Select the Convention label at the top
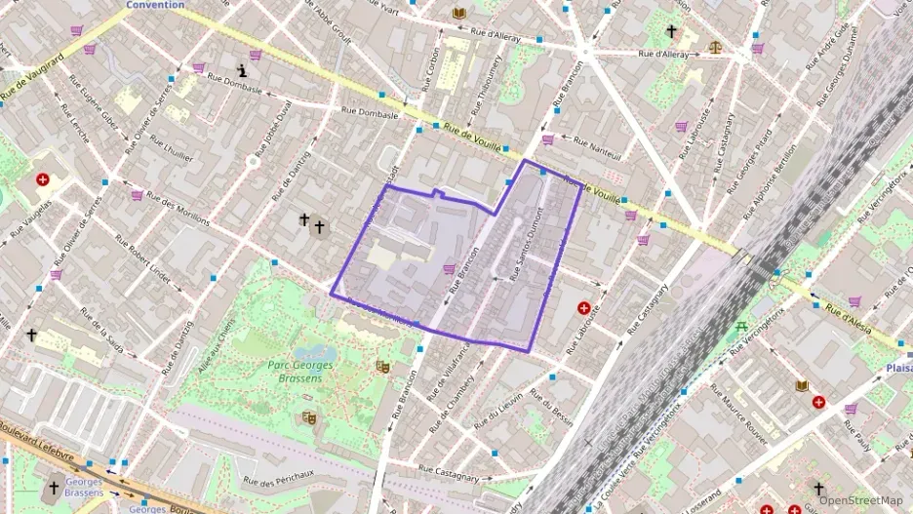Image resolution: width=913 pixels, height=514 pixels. pyautogui.click(x=155, y=5)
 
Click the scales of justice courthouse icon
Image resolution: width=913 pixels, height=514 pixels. pyautogui.click(x=718, y=46)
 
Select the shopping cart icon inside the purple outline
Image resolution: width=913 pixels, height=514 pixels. pyautogui.click(x=449, y=268)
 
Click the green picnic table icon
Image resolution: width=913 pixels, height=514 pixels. pyautogui.click(x=741, y=326)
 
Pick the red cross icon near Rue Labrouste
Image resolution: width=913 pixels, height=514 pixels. pyautogui.click(x=583, y=308)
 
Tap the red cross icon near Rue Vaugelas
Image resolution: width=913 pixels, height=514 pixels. pyautogui.click(x=43, y=180)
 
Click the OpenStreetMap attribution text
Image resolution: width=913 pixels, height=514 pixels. pyautogui.click(x=860, y=501)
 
